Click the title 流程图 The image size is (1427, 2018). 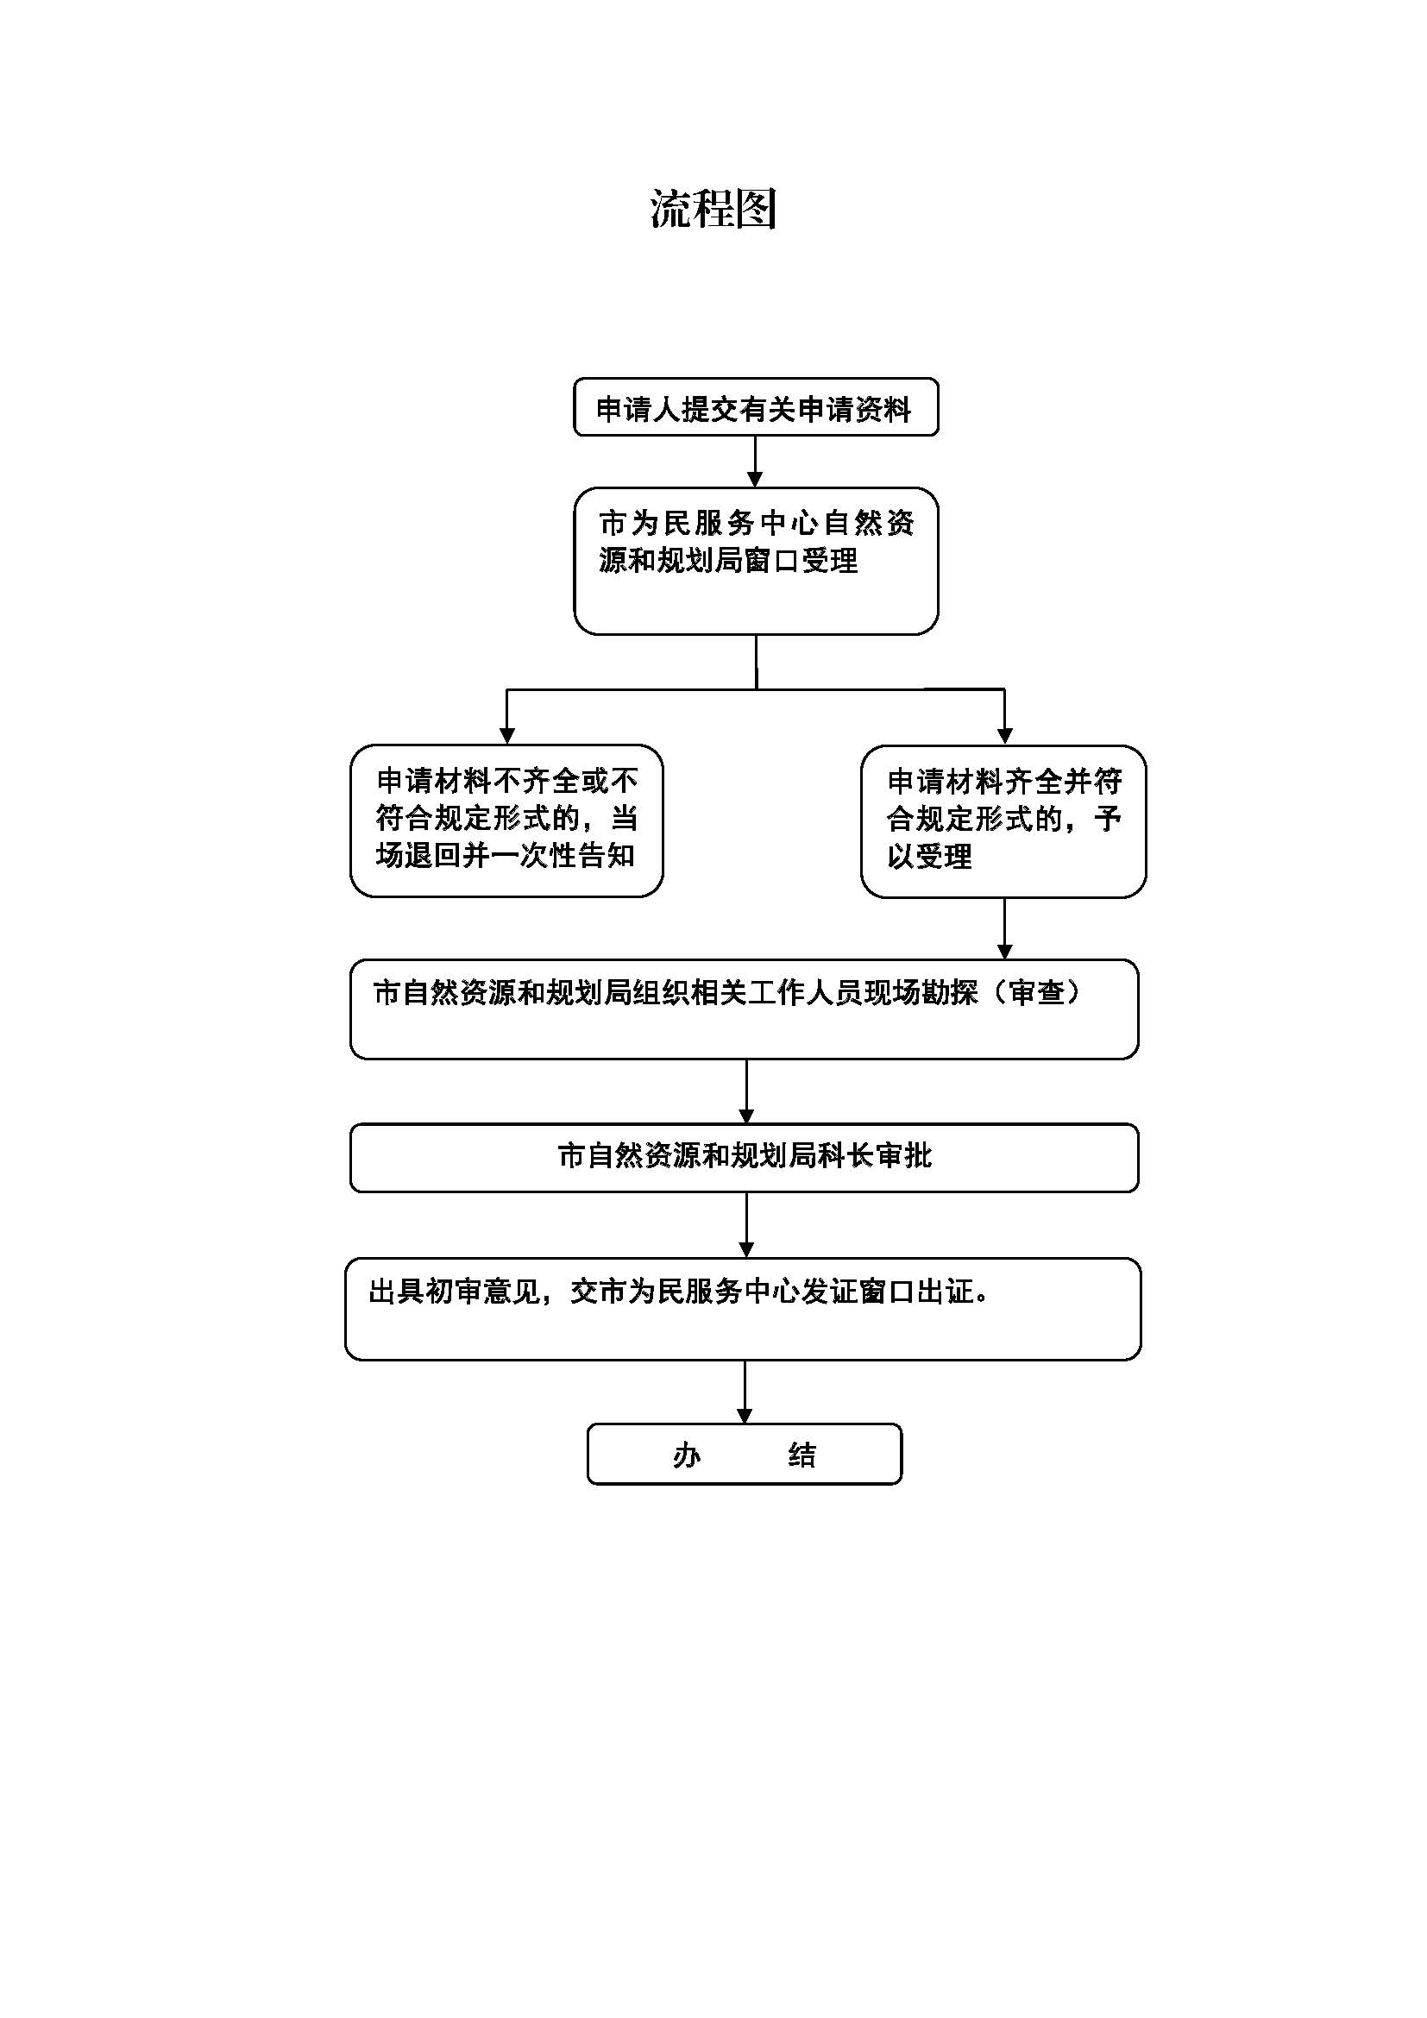pyautogui.click(x=713, y=209)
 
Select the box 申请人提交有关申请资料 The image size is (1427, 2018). pyautogui.click(x=756, y=407)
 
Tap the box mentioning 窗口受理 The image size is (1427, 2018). pyautogui.click(x=756, y=561)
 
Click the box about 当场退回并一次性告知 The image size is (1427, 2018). pyautogui.click(x=506, y=820)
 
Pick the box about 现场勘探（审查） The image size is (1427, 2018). pyautogui.click(x=745, y=1009)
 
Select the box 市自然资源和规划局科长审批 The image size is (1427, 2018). pyautogui.click(x=745, y=1158)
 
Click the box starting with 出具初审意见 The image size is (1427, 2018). pyautogui.click(x=744, y=1309)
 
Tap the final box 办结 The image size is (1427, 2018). pyautogui.click(x=745, y=1454)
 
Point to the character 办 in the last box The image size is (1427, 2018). pyautogui.click(x=686, y=1455)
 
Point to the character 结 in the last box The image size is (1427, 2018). pyautogui.click(x=802, y=1455)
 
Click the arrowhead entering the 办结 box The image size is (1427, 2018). pyautogui.click(x=745, y=1416)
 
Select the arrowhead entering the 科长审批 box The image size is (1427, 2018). pyautogui.click(x=746, y=1116)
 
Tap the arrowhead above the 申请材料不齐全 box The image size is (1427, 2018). pyautogui.click(x=506, y=737)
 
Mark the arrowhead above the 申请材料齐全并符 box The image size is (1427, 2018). pyautogui.click(x=1004, y=737)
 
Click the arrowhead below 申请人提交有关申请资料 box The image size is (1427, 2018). pyautogui.click(x=755, y=479)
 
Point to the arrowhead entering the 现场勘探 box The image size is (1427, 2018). pyautogui.click(x=1004, y=952)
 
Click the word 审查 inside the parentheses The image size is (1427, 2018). pyautogui.click(x=1037, y=992)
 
